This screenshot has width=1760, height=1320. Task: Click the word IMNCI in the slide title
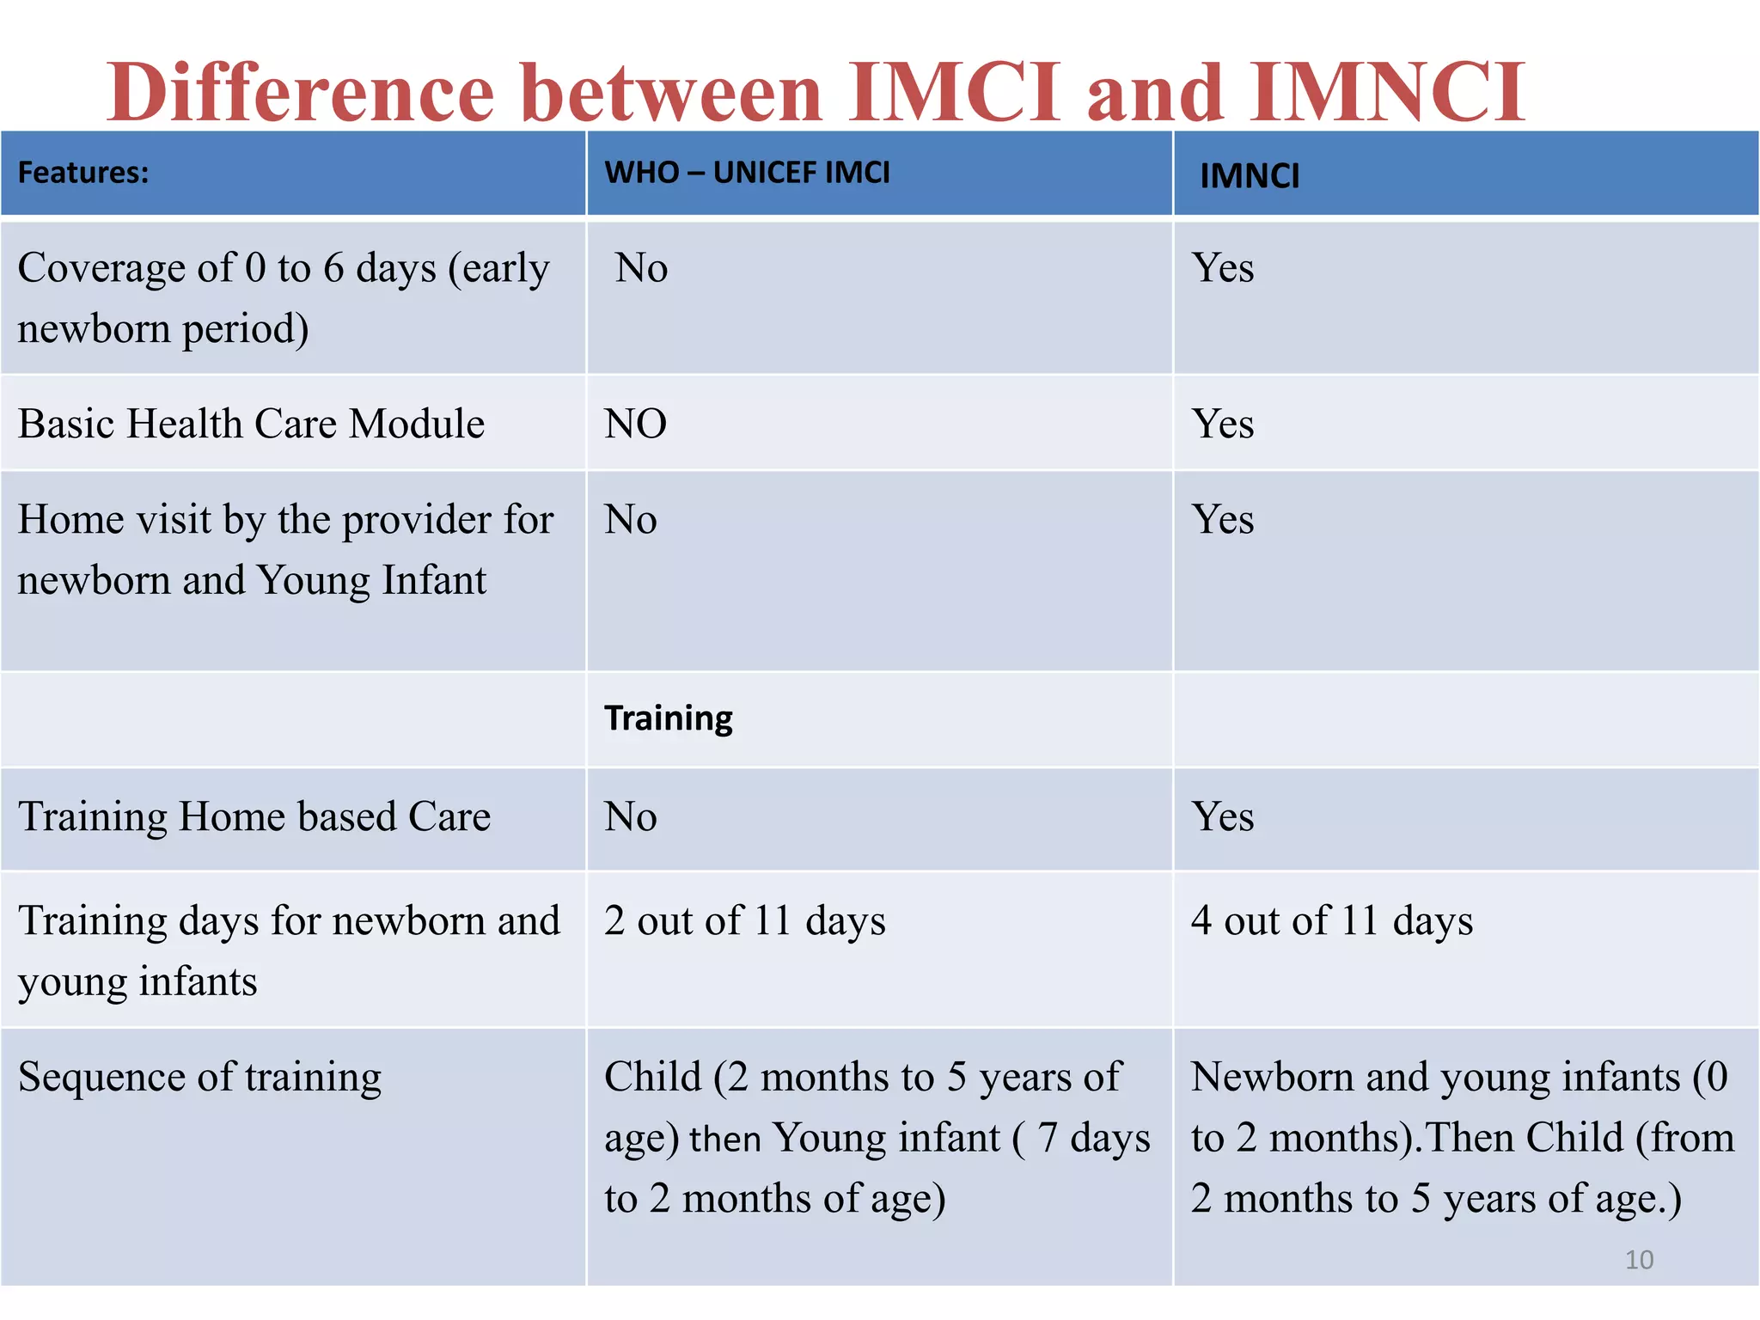[x=1386, y=92]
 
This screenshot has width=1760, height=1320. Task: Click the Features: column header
[x=83, y=173]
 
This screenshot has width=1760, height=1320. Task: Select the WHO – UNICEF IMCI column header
[x=747, y=173]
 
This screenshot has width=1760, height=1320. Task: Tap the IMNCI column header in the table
[x=1249, y=176]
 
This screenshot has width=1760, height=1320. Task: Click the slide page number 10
[x=1639, y=1260]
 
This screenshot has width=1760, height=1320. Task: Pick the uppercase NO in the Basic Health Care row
[x=635, y=424]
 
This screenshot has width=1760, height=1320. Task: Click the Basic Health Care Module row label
[x=251, y=424]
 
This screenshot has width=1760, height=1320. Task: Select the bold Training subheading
[x=668, y=718]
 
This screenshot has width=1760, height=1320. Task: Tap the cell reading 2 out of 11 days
[x=744, y=920]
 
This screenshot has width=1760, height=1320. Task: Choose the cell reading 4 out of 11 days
[x=1331, y=920]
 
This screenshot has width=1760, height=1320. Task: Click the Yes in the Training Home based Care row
[x=1222, y=816]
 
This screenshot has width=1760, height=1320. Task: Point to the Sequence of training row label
[x=199, y=1077]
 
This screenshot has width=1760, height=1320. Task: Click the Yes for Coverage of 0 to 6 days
[x=1222, y=268]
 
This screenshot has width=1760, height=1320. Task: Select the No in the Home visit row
[x=630, y=520]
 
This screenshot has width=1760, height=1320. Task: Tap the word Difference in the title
[x=300, y=92]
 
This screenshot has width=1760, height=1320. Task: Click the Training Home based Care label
[x=254, y=816]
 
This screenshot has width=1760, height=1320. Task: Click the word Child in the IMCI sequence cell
[x=652, y=1077]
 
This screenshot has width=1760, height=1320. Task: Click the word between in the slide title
[x=671, y=92]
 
